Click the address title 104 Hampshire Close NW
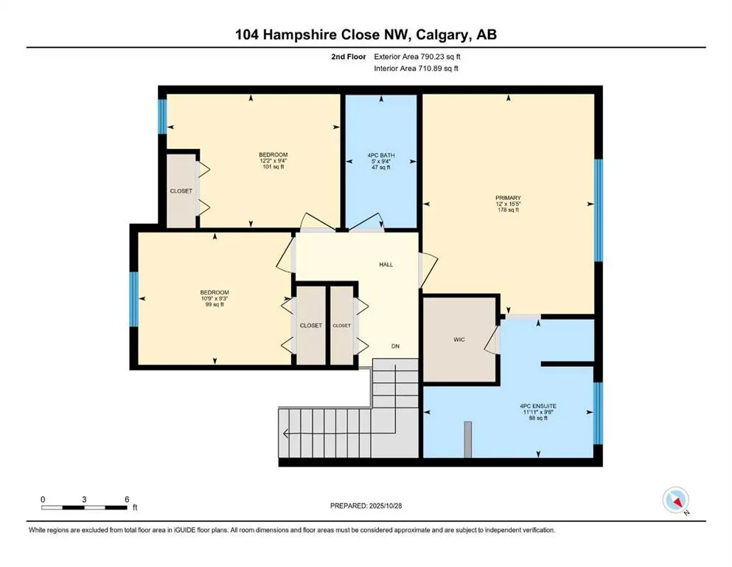(366, 35)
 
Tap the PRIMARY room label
(508, 198)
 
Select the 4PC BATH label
(381, 156)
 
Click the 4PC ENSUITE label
(537, 405)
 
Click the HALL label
(386, 264)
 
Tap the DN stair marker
(395, 346)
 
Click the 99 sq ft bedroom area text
(215, 304)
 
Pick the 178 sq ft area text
(508, 210)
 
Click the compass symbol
(675, 501)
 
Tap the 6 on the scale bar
(127, 499)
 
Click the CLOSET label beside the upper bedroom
(181, 191)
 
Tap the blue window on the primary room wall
(599, 210)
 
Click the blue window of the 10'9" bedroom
(134, 299)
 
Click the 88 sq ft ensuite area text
(537, 419)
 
